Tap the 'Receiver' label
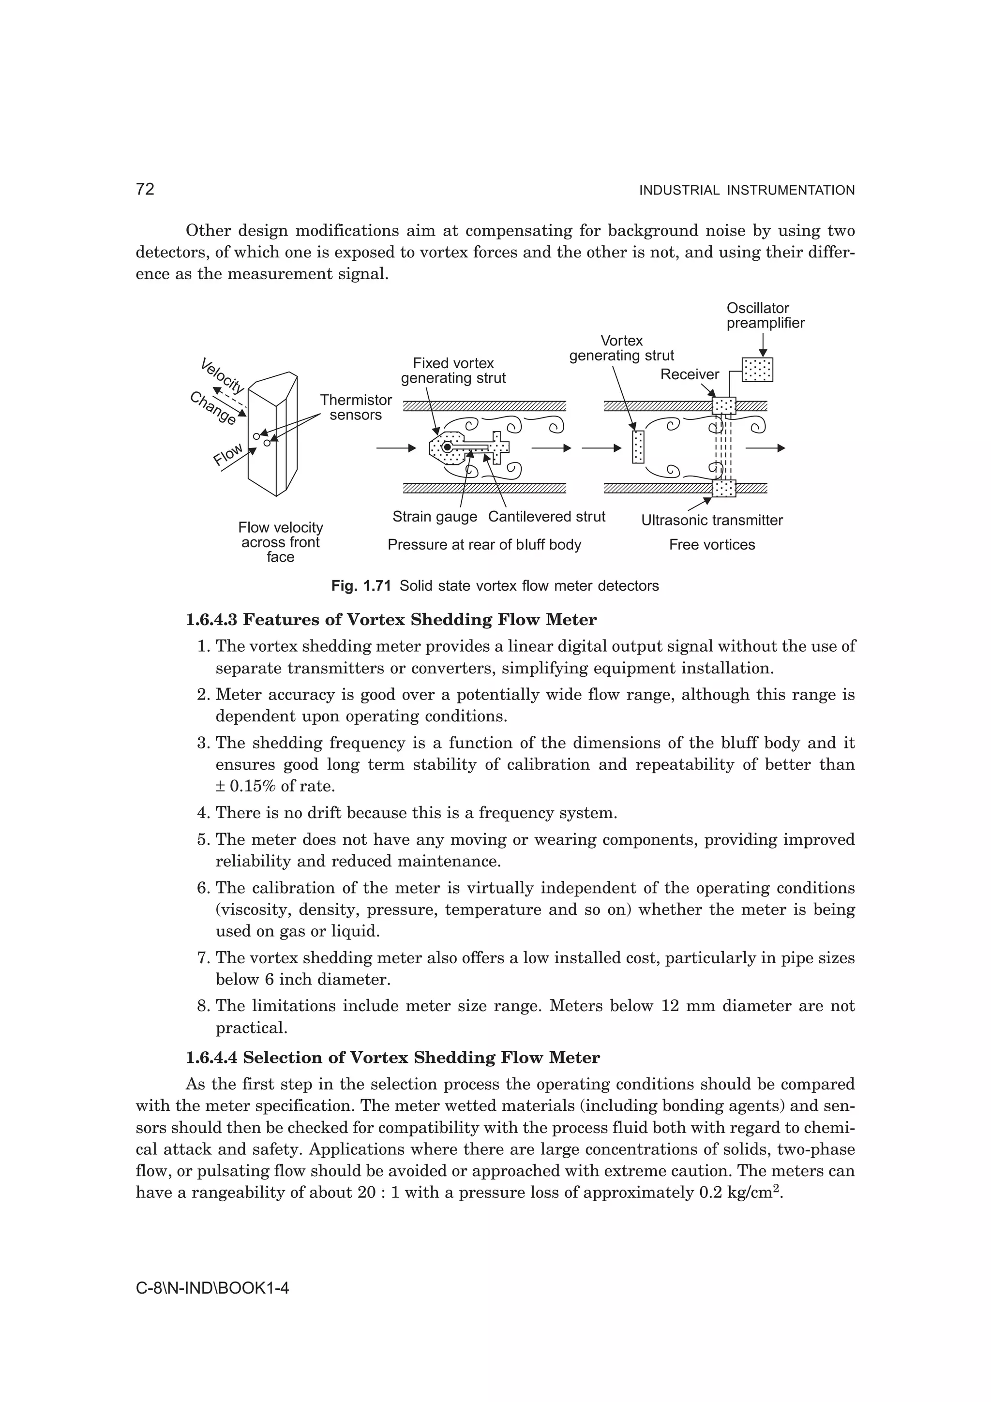pos(690,375)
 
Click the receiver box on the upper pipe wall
pos(724,405)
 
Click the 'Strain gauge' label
pos(434,517)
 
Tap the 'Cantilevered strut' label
pos(546,517)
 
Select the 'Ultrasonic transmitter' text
pos(711,520)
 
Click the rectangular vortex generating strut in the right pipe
pos(638,447)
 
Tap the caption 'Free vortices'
pos(711,545)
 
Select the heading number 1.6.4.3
pos(211,620)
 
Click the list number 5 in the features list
pos(203,840)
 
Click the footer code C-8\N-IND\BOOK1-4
pos(212,1288)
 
